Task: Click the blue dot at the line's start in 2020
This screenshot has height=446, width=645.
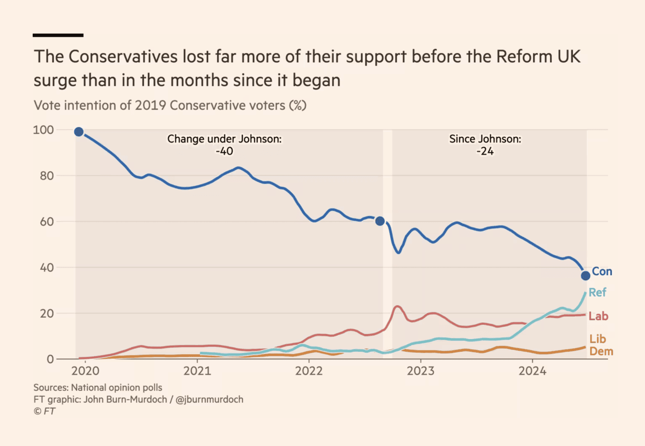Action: pyautogui.click(x=79, y=132)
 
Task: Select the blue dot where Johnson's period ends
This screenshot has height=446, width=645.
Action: pyautogui.click(x=380, y=221)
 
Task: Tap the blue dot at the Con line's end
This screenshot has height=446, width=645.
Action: pyautogui.click(x=585, y=276)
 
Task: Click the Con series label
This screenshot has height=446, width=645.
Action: pyautogui.click(x=602, y=271)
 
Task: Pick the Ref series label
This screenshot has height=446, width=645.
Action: pyautogui.click(x=597, y=292)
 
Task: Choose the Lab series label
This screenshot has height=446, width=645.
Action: pyautogui.click(x=598, y=316)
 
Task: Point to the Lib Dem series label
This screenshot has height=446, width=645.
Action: pyautogui.click(x=601, y=345)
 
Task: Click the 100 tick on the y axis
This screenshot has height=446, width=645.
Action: pyautogui.click(x=43, y=130)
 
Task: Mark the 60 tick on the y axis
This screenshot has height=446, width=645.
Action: pyautogui.click(x=47, y=222)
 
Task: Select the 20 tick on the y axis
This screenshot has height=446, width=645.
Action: pyautogui.click(x=47, y=314)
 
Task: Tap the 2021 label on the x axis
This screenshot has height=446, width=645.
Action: pyautogui.click(x=197, y=371)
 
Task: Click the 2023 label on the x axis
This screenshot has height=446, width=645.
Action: pyautogui.click(x=421, y=371)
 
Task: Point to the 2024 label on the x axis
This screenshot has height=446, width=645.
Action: pyautogui.click(x=532, y=371)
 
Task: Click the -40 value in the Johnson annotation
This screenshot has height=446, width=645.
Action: pyautogui.click(x=224, y=151)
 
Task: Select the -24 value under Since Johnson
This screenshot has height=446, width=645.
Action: pyautogui.click(x=485, y=151)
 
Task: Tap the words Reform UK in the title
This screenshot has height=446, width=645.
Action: pyautogui.click(x=538, y=57)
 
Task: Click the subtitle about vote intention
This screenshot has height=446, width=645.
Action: pyautogui.click(x=170, y=105)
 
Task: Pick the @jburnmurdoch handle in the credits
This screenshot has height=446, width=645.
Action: pyautogui.click(x=209, y=400)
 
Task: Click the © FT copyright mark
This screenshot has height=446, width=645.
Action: pyautogui.click(x=45, y=411)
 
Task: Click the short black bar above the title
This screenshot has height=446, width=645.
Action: pyautogui.click(x=58, y=35)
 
